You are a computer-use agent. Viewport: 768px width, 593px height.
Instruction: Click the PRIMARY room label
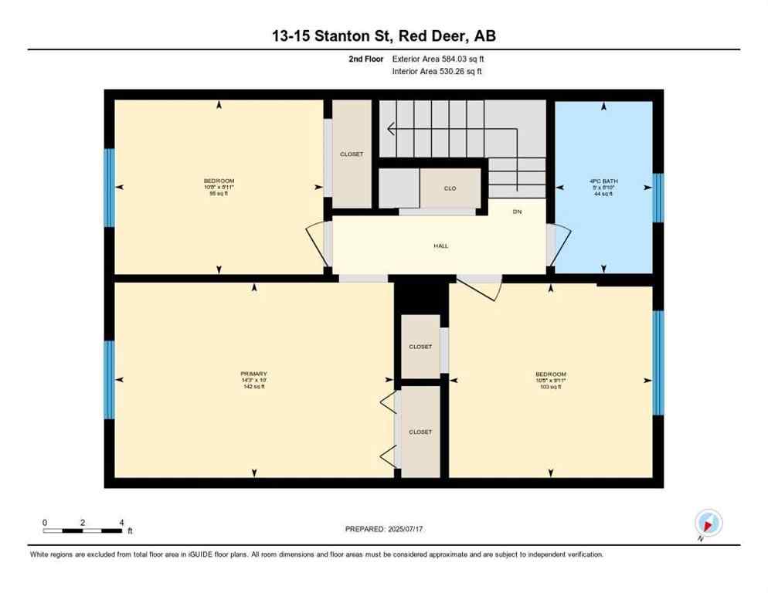point(253,374)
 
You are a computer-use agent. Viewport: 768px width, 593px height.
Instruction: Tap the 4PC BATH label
point(603,182)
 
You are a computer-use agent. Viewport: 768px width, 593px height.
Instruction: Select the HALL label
point(440,246)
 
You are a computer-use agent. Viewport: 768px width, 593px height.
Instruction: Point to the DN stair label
point(517,212)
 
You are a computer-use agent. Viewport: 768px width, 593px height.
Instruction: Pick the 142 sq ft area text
point(253,387)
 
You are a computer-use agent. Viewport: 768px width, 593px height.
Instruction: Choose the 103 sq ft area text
point(551,387)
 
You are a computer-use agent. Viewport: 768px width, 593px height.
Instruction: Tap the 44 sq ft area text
point(603,194)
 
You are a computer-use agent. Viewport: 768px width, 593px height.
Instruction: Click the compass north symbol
point(708,524)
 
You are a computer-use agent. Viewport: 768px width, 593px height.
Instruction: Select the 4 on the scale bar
point(122,523)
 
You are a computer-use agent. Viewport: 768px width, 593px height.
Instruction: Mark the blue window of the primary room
point(109,379)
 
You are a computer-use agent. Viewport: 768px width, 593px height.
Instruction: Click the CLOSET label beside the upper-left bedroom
point(352,154)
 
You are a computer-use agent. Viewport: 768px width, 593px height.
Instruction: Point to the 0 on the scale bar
point(45,523)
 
